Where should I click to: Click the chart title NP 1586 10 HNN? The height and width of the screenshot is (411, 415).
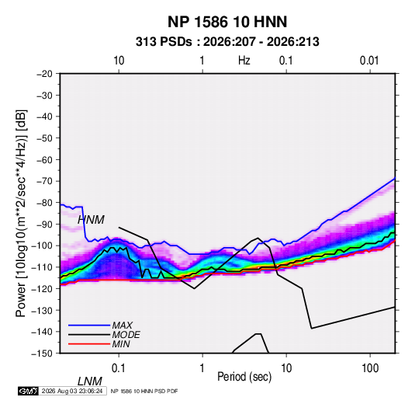tap(227, 22)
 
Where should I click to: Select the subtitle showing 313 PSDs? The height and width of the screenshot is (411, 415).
tap(227, 42)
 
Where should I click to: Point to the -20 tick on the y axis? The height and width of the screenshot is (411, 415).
tap(44, 74)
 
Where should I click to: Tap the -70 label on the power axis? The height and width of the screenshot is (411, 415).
tap(44, 181)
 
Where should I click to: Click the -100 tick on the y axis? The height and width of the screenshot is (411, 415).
tap(43, 246)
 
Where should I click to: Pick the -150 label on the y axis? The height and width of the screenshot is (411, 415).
tap(43, 354)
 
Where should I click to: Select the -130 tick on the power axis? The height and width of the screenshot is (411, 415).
tap(43, 310)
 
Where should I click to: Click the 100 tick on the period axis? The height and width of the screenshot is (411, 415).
tap(370, 368)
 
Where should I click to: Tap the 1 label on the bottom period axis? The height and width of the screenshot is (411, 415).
tap(202, 368)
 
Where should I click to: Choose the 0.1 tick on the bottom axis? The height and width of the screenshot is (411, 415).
tap(119, 368)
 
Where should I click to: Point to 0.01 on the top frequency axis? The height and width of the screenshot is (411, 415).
tap(369, 61)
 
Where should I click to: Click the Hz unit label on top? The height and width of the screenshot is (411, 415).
tap(244, 61)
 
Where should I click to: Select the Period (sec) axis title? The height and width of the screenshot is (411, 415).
tap(244, 377)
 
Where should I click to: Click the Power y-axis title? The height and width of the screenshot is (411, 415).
tap(21, 213)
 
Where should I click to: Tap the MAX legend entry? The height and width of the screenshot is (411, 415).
tap(123, 326)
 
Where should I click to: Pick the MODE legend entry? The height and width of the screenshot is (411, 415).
tap(126, 335)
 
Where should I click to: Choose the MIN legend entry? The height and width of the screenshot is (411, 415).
tap(121, 344)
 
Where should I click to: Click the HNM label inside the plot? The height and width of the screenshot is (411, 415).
tap(91, 220)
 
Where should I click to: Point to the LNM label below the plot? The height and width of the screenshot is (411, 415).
tap(90, 381)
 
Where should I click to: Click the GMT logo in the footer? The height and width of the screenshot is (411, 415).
tap(29, 391)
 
